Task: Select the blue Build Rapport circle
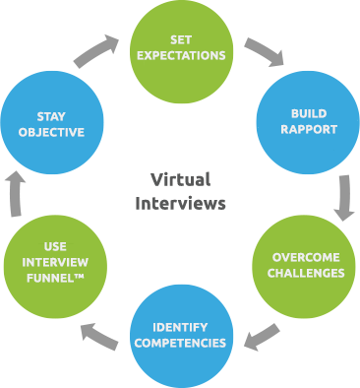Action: coord(307,122)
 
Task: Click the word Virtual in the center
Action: coord(180,180)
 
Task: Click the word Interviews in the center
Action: coord(180,204)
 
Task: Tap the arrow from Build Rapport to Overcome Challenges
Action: coord(343,196)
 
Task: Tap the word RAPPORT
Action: coord(308,130)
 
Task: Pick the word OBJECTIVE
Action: coord(51,131)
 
